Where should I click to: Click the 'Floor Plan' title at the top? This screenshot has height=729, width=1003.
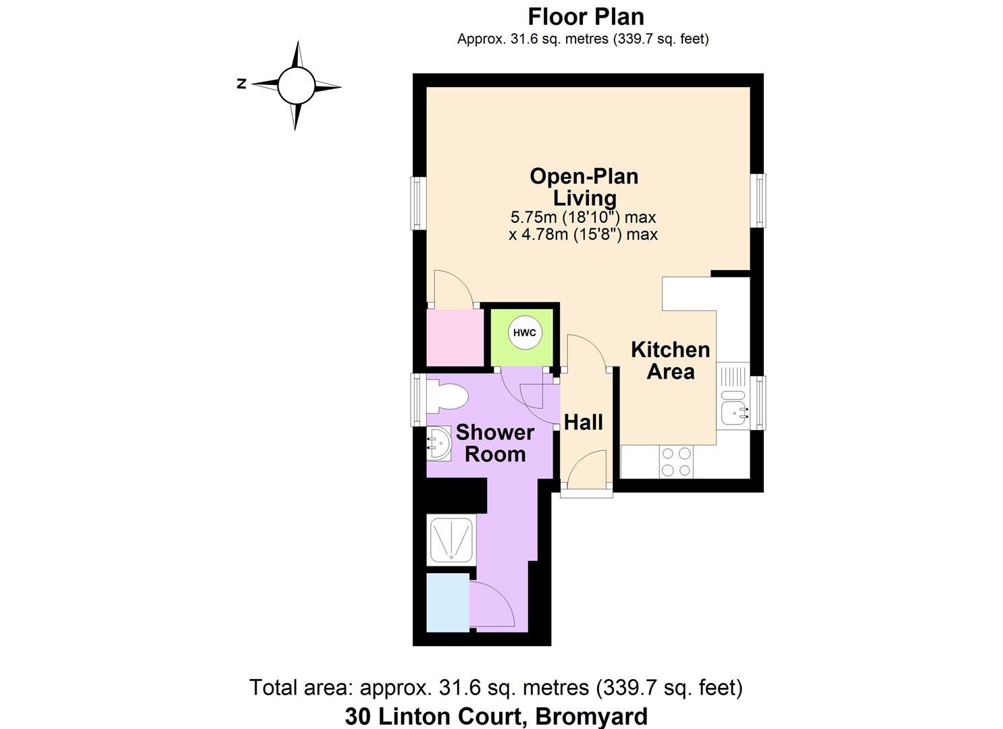click(x=586, y=16)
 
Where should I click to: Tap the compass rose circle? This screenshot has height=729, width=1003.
click(x=296, y=86)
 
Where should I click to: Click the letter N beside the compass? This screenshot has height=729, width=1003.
click(x=241, y=84)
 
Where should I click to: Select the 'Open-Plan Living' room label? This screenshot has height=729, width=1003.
click(x=584, y=187)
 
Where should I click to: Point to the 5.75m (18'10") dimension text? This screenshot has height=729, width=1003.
click(x=583, y=217)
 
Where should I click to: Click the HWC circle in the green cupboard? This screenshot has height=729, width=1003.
click(x=525, y=333)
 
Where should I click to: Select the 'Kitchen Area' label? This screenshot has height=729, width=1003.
click(x=670, y=360)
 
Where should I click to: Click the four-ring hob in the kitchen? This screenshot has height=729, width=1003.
click(x=676, y=462)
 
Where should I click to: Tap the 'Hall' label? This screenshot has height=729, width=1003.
click(x=584, y=423)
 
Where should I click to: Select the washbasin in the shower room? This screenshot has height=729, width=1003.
click(x=438, y=443)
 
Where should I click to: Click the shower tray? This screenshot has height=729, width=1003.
click(x=452, y=540)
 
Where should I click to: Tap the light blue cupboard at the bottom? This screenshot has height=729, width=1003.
click(x=447, y=602)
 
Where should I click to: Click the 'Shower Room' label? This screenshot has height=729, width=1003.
click(x=495, y=443)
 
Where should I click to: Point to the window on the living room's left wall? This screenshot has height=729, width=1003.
click(x=419, y=203)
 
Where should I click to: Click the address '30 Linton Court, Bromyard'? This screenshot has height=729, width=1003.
click(x=496, y=715)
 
